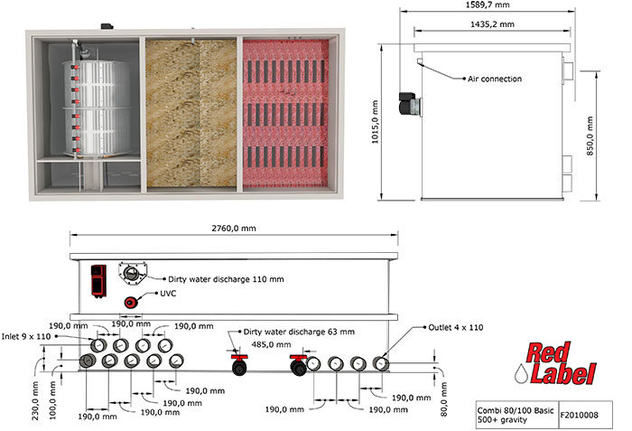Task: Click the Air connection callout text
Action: (494, 80)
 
